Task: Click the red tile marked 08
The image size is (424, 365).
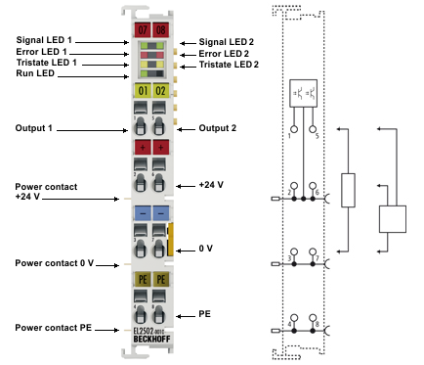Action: click(159, 30)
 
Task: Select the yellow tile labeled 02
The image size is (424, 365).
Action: click(159, 92)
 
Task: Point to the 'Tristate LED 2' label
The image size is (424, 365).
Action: click(229, 64)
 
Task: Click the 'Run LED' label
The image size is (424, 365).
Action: click(35, 74)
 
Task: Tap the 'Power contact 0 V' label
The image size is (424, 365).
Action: click(54, 263)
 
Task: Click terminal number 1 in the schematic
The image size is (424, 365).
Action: click(290, 135)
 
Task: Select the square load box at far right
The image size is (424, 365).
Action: click(392, 218)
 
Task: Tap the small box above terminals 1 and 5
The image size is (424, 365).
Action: click(303, 95)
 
